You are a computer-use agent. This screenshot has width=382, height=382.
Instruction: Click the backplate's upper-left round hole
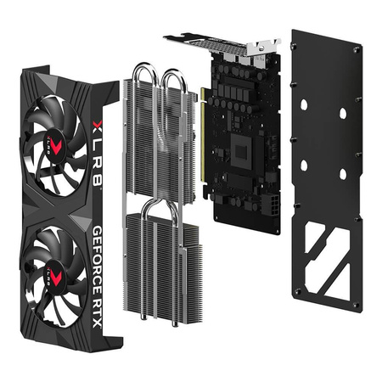(x=303, y=101)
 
